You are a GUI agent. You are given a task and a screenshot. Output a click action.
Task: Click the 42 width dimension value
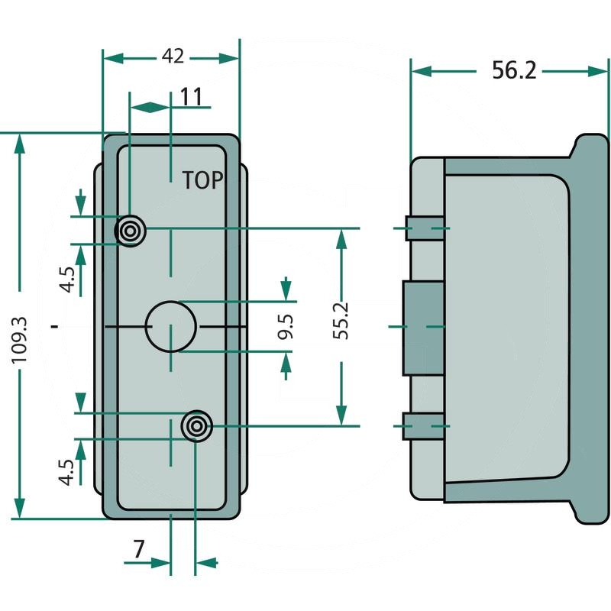click(x=173, y=57)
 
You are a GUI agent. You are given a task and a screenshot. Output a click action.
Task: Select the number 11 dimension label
click(x=191, y=97)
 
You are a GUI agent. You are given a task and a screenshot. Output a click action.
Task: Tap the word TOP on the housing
click(x=202, y=180)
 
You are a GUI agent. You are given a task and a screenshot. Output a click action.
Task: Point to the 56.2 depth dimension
click(x=514, y=71)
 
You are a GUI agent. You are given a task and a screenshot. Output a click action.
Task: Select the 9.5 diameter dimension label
click(x=286, y=327)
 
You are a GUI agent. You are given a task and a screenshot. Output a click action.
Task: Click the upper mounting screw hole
click(x=131, y=230)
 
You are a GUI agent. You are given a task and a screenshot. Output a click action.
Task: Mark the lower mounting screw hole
click(x=196, y=425)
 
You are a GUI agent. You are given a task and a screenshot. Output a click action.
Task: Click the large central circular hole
click(x=171, y=326)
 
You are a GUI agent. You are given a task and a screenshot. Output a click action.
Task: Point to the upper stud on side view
click(x=424, y=228)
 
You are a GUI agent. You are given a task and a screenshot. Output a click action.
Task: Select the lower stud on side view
click(x=424, y=425)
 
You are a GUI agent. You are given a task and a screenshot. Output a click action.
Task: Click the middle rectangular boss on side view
click(x=423, y=327)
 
